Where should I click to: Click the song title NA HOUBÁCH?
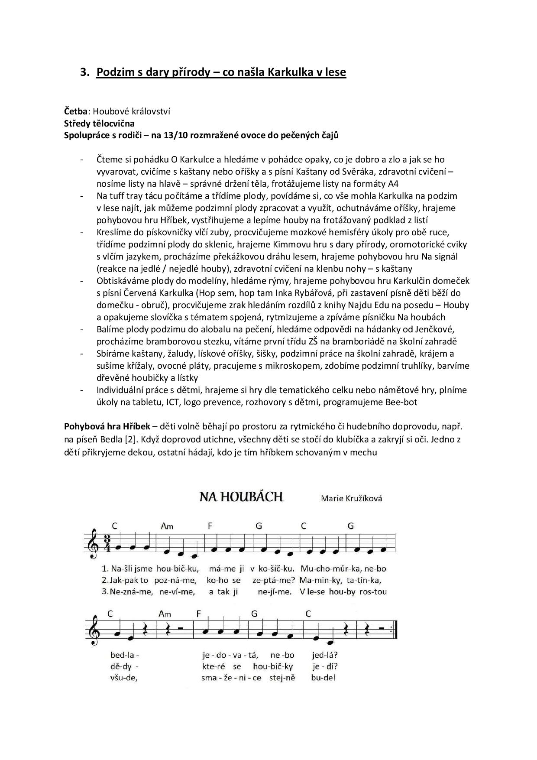241,497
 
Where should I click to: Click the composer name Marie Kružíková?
351,498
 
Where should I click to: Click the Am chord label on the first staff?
167,526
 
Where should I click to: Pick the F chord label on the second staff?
199,614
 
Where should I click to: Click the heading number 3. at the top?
84,72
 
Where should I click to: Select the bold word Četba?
75,111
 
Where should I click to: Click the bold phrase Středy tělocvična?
99,123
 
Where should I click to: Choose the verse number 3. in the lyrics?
105,591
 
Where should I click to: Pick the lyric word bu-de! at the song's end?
323,678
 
